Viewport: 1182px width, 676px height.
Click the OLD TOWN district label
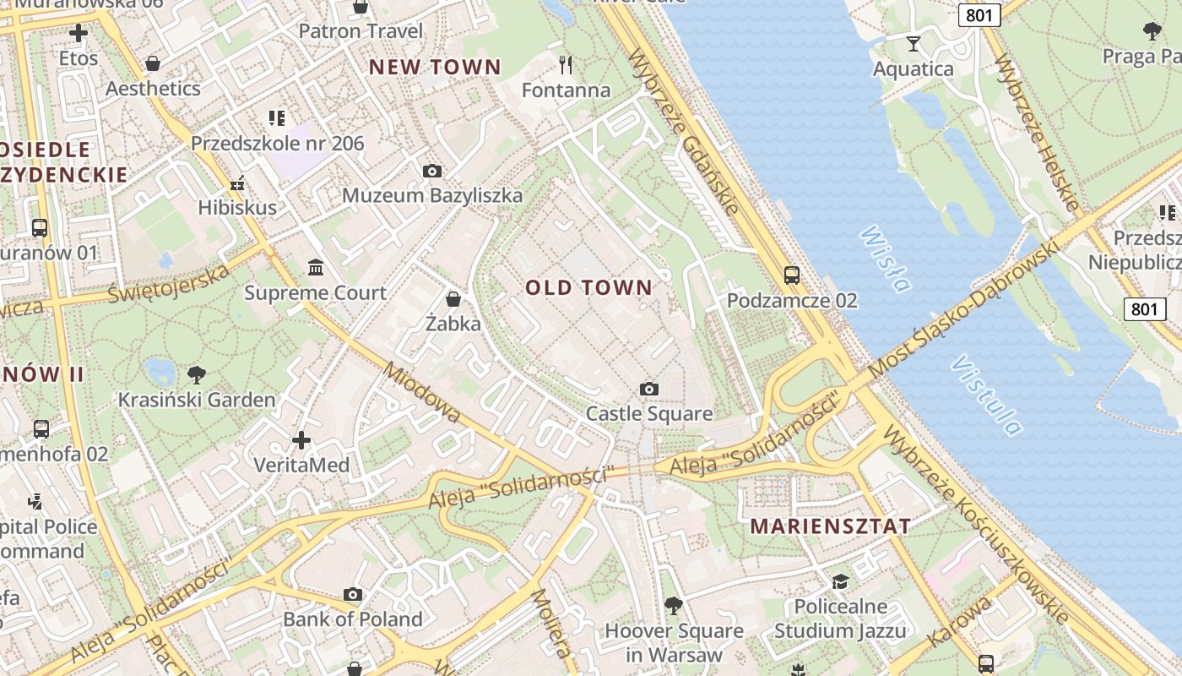click(x=588, y=287)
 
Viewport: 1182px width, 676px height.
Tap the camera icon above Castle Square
click(x=648, y=389)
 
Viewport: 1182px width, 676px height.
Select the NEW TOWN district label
click(x=435, y=67)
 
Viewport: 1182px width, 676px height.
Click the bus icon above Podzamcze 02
click(x=791, y=275)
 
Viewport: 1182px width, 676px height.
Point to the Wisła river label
click(x=885, y=259)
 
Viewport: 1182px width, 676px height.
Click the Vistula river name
click(x=986, y=395)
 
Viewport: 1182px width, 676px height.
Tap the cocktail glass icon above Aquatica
click(x=913, y=43)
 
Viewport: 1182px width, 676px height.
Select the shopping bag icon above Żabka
click(x=453, y=299)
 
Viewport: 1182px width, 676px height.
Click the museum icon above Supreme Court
click(x=316, y=268)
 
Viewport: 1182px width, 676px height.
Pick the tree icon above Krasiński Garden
click(x=197, y=374)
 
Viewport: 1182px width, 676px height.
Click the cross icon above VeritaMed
click(x=301, y=440)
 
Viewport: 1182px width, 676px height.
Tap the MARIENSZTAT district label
click(x=830, y=526)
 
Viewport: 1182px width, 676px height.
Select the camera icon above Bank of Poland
click(x=353, y=595)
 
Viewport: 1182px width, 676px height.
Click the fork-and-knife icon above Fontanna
click(x=566, y=64)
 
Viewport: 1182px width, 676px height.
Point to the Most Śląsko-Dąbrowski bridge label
click(x=962, y=309)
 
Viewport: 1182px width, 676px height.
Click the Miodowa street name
click(x=421, y=393)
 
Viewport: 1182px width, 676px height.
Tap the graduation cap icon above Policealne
click(x=840, y=581)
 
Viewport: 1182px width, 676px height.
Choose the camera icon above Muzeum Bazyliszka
click(x=431, y=172)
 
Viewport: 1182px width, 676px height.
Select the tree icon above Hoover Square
click(x=673, y=605)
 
